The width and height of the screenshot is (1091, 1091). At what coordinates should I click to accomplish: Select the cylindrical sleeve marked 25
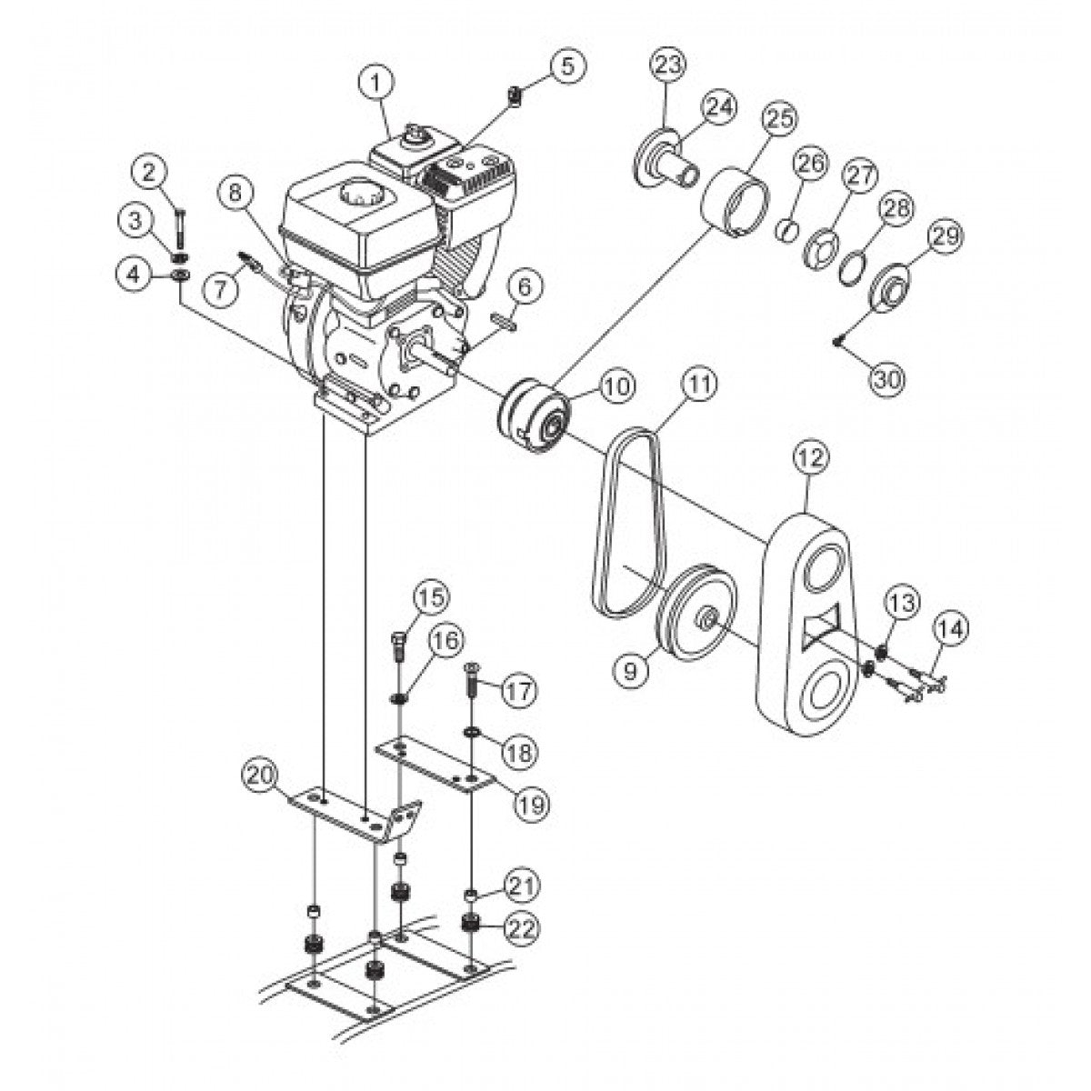pos(736,200)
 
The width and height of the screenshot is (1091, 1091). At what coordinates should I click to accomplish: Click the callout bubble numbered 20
pos(258,776)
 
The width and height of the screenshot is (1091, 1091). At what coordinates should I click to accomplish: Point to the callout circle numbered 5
pos(568,66)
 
